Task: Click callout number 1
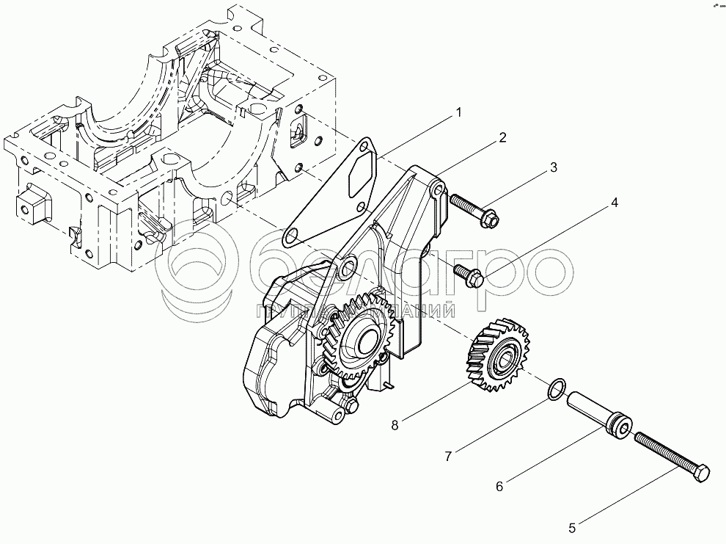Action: [x=458, y=112]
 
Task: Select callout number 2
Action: [x=503, y=137]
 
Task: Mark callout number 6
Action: [x=500, y=485]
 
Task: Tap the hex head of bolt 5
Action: [x=700, y=473]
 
